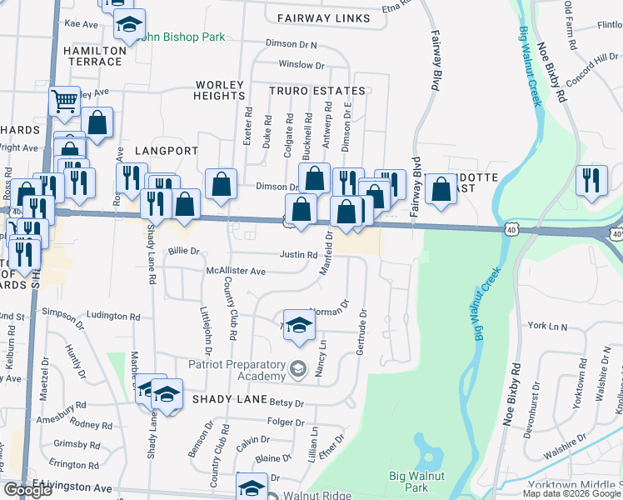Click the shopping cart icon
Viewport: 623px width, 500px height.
64,102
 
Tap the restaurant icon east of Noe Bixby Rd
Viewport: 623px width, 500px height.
591,182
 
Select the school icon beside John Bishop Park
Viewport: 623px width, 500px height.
129,25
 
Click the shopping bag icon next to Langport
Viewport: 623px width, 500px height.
222,185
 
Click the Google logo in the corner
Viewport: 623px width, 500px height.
27,490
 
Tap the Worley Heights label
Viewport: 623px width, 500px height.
220,90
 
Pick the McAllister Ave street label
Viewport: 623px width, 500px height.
236,271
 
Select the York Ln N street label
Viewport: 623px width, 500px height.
546,327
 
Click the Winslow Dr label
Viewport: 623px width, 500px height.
301,64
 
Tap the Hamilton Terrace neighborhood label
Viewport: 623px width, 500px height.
94,56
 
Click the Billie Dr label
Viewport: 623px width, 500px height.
184,250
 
